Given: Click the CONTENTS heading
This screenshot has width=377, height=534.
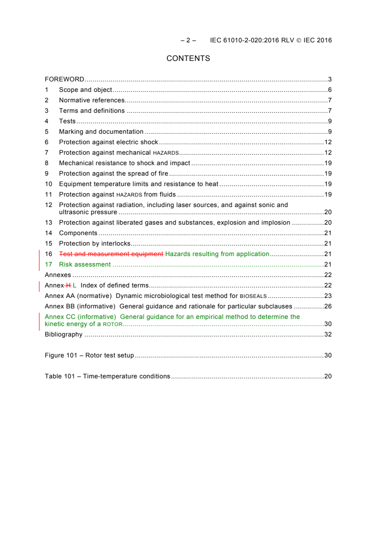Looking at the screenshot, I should (x=188, y=59).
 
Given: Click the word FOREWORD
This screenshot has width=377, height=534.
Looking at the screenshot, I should (x=65, y=79).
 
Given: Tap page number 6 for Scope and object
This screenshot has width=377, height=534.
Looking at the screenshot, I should (x=329, y=90).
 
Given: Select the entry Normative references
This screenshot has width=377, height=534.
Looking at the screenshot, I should (x=92, y=100).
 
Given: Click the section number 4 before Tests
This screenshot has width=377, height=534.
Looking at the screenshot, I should (x=47, y=121).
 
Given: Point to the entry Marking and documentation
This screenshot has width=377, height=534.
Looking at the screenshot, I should (x=101, y=132).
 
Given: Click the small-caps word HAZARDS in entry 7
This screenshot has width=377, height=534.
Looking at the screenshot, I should (x=165, y=153).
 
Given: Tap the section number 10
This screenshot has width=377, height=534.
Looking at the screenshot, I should (x=48, y=184).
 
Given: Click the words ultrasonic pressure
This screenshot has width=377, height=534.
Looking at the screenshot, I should (x=88, y=212).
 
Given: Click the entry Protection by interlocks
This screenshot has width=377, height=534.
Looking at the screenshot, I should (x=95, y=244).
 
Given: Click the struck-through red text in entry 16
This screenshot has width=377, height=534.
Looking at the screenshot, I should (x=111, y=254).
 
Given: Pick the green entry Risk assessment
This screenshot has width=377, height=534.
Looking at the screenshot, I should (x=85, y=265).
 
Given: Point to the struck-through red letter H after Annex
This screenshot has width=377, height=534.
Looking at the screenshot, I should (x=68, y=286).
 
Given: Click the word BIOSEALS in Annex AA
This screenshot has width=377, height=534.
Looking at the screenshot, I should (x=253, y=296).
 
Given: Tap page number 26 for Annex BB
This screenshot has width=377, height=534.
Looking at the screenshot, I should (x=328, y=307).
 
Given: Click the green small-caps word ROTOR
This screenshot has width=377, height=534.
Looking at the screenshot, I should (x=113, y=324).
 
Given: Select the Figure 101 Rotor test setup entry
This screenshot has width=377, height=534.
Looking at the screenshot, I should (x=89, y=356).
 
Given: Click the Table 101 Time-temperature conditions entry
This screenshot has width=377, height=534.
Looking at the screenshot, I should (x=107, y=376).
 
